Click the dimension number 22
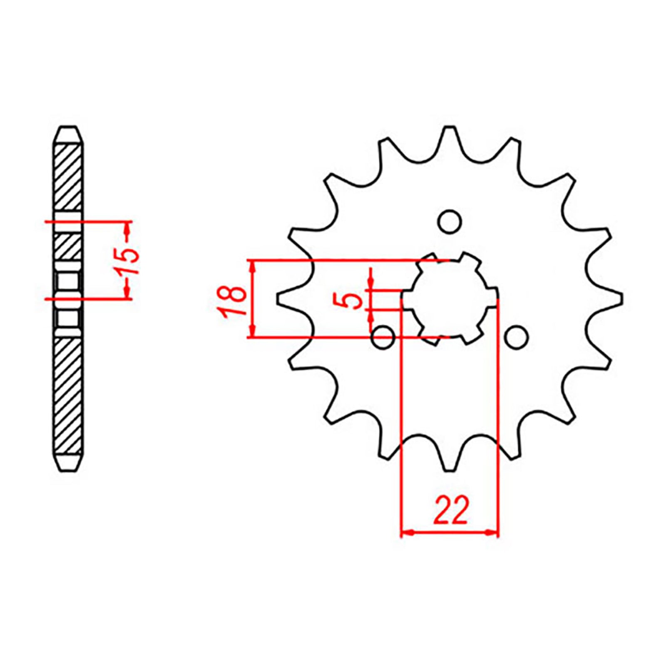[x=450, y=510]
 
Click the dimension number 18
[x=234, y=301]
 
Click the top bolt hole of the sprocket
[x=450, y=222]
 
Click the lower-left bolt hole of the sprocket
[x=383, y=337]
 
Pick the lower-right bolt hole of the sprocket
[x=516, y=337]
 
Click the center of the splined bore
[x=450, y=298]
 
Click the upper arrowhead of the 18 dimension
[x=251, y=266]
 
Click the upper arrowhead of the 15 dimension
[x=128, y=227]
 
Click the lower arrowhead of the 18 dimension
[x=251, y=332]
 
